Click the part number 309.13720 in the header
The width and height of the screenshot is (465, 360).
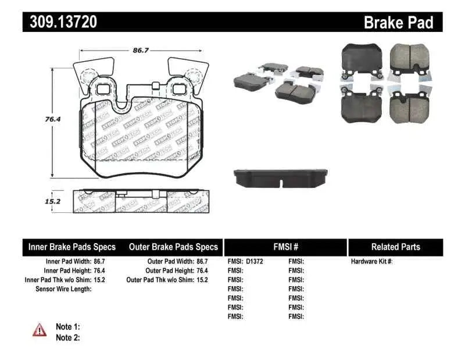pos(60,22)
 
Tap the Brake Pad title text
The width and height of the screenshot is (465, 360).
pos(399,22)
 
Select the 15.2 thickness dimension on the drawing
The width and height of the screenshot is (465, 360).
pos(38,201)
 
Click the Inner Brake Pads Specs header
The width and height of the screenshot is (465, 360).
pos(72,247)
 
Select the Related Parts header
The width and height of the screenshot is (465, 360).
pos(395,247)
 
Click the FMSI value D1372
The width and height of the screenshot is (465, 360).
pos(255,262)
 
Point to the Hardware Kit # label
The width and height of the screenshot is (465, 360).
pos(372,262)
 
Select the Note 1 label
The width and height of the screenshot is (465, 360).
pos(67,327)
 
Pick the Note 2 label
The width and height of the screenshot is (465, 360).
pos(67,337)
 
